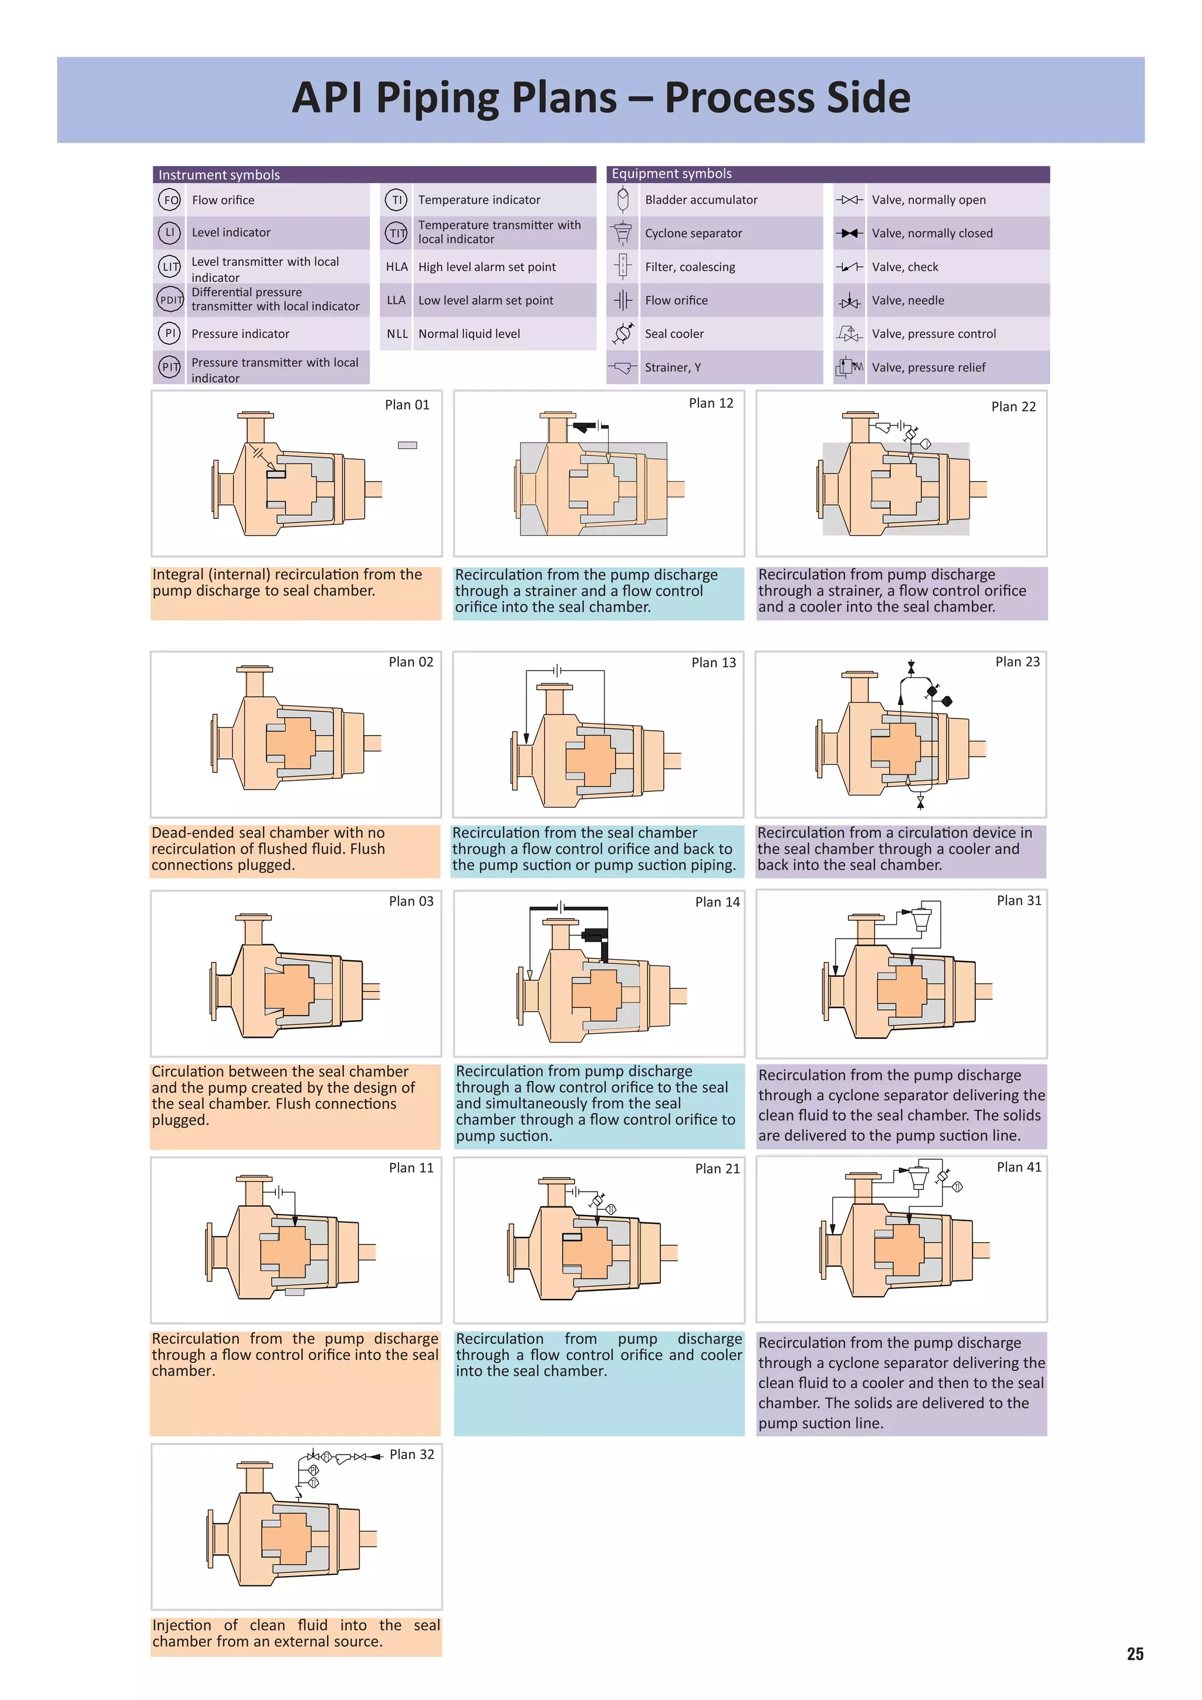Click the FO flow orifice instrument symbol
point(170,200)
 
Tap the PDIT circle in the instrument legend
point(170,300)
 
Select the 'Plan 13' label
point(714,663)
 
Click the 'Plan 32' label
point(411,1454)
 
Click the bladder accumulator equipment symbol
point(623,199)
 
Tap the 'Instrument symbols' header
point(219,175)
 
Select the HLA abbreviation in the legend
point(397,267)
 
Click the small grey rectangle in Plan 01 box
point(407,445)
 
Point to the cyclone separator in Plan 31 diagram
point(921,918)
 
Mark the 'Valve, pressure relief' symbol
point(849,367)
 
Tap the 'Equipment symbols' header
point(671,173)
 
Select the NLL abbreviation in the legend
point(397,334)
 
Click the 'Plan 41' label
point(1018,1167)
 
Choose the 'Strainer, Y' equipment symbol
point(623,367)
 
